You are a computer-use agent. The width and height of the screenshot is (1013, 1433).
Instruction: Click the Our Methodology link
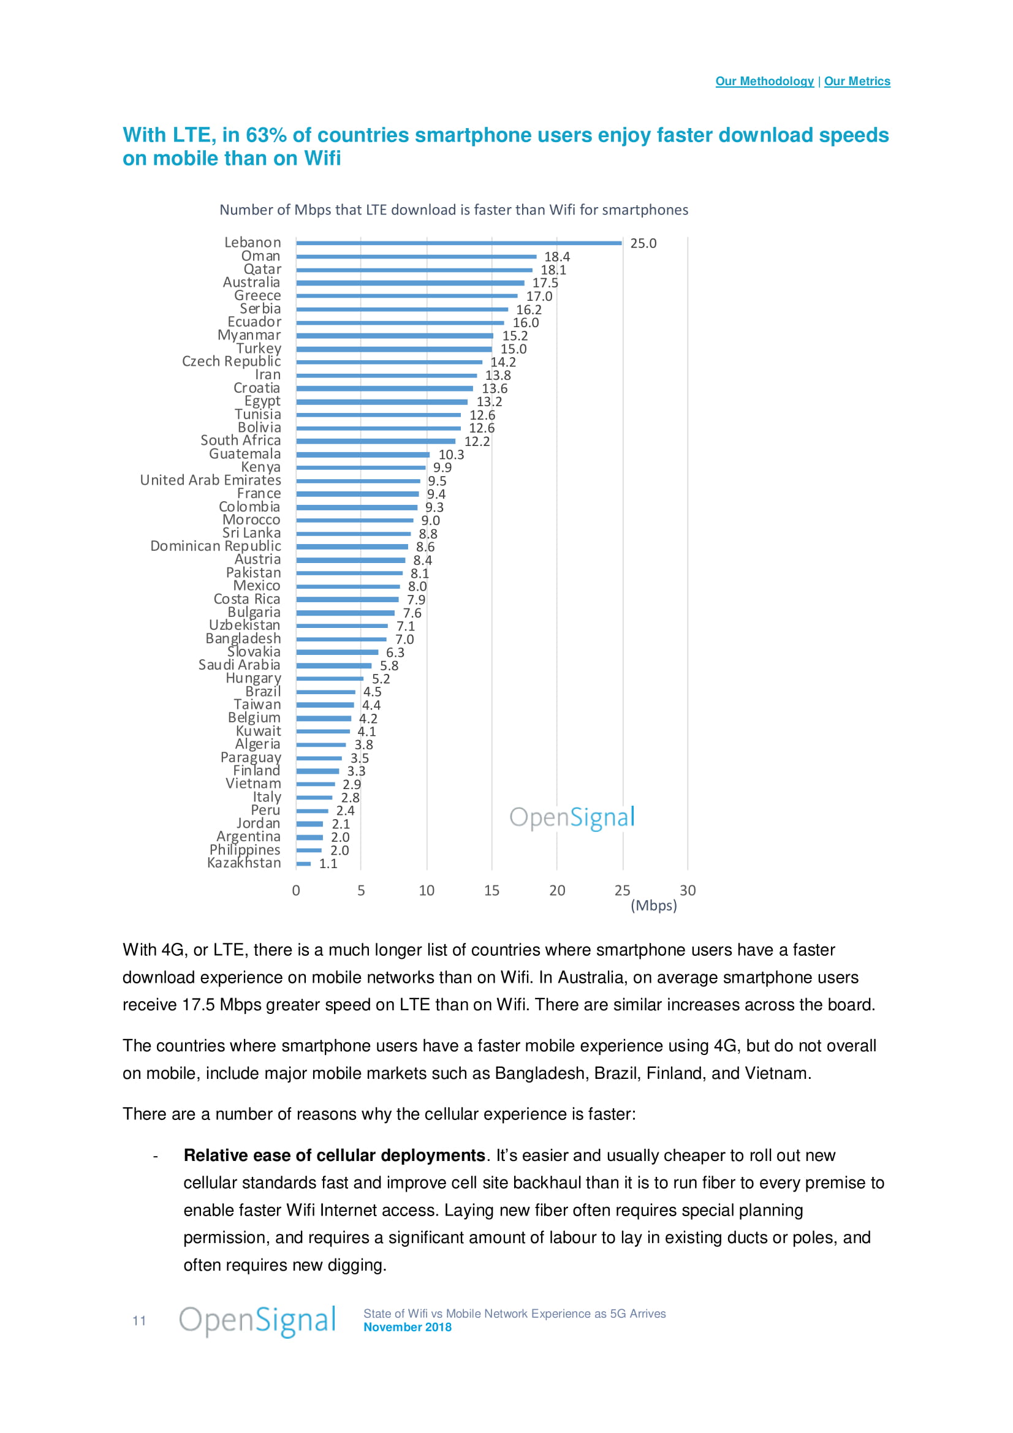pos(764,81)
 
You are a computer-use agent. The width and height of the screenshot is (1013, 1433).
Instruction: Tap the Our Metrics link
pos(857,81)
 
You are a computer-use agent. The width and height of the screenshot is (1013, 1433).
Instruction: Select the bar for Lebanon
pos(459,243)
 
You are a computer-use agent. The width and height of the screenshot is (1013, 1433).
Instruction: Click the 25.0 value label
pos(643,243)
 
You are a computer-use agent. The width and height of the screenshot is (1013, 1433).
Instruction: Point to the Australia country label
pos(251,282)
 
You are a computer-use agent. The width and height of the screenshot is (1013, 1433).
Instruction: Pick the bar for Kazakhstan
pos(303,864)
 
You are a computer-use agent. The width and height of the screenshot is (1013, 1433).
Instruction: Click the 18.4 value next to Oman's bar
pos(556,257)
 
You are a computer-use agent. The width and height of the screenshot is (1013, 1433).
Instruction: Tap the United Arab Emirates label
pos(210,480)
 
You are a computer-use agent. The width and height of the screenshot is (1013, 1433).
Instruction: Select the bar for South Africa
pos(376,441)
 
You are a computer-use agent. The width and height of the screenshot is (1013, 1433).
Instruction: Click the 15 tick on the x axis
pos(492,891)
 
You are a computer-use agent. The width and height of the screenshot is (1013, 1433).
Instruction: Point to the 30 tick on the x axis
pos(687,891)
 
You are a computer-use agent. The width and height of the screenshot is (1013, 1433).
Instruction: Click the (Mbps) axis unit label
pos(653,906)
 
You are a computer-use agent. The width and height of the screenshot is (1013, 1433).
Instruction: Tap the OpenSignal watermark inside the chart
pos(572,818)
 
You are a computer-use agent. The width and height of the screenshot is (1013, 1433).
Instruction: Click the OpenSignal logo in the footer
pos(257,1321)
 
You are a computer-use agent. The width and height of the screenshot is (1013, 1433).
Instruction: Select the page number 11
pos(139,1321)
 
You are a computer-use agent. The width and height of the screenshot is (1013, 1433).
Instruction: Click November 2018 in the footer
pos(408,1328)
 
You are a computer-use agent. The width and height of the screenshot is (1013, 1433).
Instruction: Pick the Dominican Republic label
pos(215,546)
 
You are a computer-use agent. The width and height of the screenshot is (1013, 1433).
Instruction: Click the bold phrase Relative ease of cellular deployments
pos(334,1155)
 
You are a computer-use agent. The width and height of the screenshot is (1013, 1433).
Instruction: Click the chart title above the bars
pos(453,210)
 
